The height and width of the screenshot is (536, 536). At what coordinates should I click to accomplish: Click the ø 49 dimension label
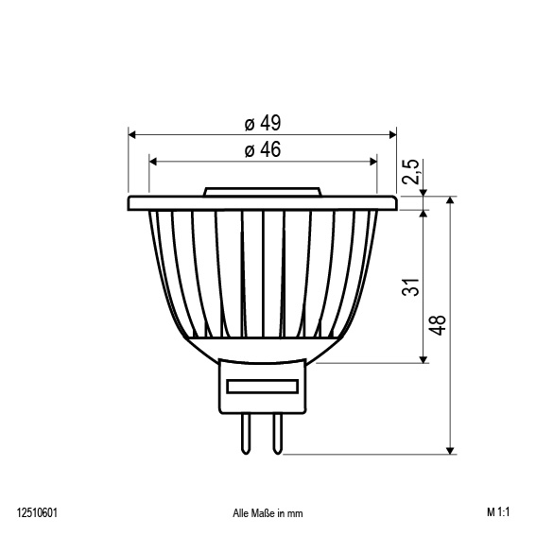(263, 124)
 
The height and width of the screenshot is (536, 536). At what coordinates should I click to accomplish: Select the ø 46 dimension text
(263, 149)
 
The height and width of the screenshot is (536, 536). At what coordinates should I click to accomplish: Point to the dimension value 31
(410, 287)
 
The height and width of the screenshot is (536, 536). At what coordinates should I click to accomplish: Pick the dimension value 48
(437, 324)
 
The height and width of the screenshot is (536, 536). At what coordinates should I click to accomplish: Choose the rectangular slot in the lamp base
(263, 387)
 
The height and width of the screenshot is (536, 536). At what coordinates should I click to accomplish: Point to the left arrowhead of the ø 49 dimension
(132, 134)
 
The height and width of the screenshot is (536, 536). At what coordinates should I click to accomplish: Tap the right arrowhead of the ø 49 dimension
(392, 134)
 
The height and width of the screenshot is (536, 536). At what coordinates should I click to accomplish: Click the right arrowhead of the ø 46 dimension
(372, 160)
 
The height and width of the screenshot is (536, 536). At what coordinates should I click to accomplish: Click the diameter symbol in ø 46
(249, 150)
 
